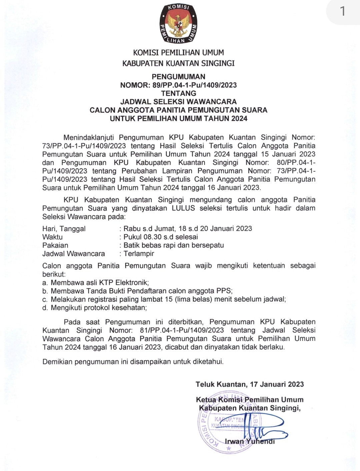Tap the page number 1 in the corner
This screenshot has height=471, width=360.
pyautogui.click(x=343, y=12)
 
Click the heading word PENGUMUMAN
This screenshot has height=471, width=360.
pyautogui.click(x=178, y=77)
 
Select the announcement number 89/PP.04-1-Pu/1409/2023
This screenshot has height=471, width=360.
pyautogui.click(x=195, y=85)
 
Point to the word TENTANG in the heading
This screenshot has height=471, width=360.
pyautogui.click(x=178, y=93)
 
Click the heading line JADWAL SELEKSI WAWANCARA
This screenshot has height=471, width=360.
pyautogui.click(x=178, y=102)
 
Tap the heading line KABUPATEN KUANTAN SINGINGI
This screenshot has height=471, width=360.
pyautogui.click(x=178, y=63)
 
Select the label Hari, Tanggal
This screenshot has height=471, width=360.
pyautogui.click(x=64, y=229)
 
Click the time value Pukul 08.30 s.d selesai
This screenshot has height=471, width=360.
pyautogui.click(x=161, y=237)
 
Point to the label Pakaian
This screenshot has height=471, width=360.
pyautogui.click(x=55, y=245)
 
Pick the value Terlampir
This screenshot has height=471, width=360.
pyautogui.click(x=139, y=254)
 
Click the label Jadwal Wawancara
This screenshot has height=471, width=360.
pyautogui.click(x=74, y=254)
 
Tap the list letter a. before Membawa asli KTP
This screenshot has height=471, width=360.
pyautogui.click(x=45, y=283)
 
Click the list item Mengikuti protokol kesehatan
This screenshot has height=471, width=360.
pyautogui.click(x=99, y=308)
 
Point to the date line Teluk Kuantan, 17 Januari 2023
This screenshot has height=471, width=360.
pyautogui.click(x=250, y=384)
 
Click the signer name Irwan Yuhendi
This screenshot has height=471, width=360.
pyautogui.click(x=250, y=442)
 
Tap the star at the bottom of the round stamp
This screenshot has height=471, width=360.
pyautogui.click(x=229, y=449)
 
